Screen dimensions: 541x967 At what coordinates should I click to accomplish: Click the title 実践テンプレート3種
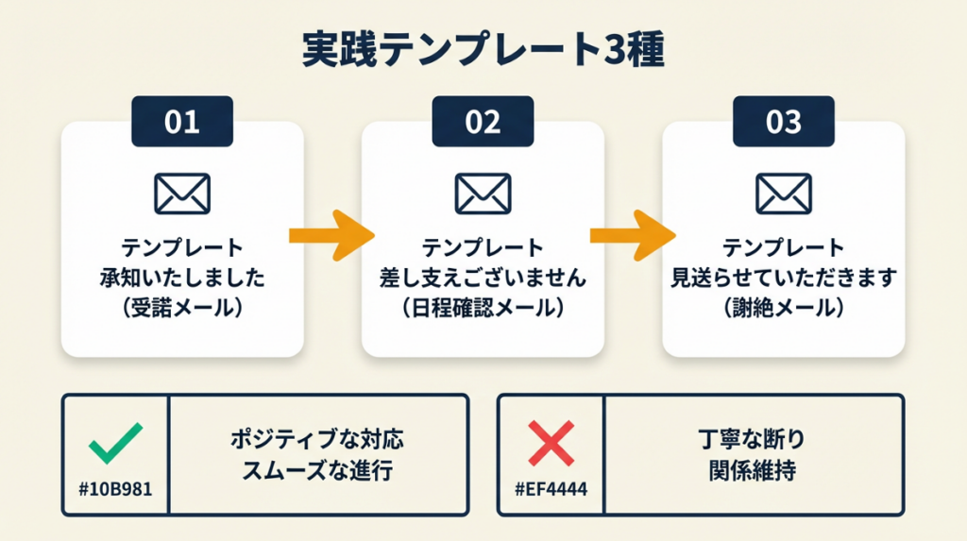(x=483, y=51)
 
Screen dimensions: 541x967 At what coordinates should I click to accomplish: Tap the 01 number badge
(x=181, y=122)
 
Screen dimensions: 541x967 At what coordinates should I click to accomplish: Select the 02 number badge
(x=483, y=122)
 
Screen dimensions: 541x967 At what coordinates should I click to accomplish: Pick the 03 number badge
(x=783, y=122)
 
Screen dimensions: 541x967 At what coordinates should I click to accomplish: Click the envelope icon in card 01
(x=181, y=193)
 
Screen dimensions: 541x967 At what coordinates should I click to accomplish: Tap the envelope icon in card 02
(x=483, y=193)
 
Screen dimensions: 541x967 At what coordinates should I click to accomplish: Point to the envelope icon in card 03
(x=783, y=193)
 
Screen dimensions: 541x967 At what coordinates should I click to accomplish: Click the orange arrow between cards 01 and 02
(x=331, y=234)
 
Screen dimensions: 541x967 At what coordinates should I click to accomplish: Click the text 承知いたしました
(x=181, y=278)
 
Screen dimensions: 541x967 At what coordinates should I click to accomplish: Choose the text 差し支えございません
(x=483, y=278)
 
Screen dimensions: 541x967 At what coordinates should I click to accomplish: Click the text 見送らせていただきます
(x=783, y=278)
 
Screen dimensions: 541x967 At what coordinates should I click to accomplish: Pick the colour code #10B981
(x=115, y=489)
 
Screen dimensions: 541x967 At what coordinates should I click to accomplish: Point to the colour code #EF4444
(x=551, y=489)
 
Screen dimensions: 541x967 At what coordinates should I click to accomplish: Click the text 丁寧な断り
(x=753, y=440)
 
